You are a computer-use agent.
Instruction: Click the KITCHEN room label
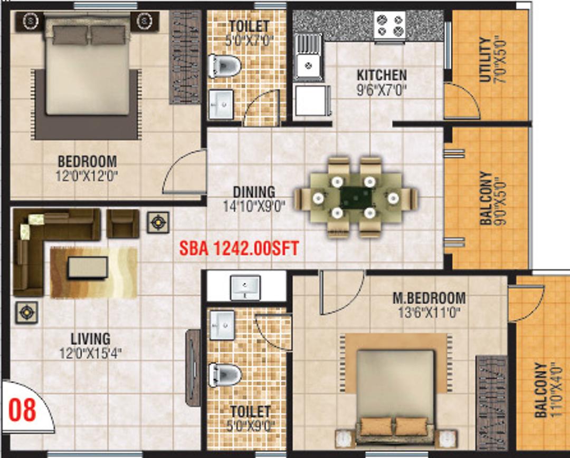tap(382, 75)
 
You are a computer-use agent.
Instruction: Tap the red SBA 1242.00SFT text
tap(239, 249)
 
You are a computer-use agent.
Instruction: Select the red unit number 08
tap(22, 410)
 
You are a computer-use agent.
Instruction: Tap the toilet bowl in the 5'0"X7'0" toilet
tap(225, 66)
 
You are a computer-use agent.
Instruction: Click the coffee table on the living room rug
tap(88, 268)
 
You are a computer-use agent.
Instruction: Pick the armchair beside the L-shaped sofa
tap(123, 223)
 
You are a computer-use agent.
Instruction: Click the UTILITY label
tap(486, 60)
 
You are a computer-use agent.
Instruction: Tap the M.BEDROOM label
tap(429, 298)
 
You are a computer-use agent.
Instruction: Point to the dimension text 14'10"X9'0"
tap(254, 207)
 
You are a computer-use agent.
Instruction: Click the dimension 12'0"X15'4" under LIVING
tap(90, 353)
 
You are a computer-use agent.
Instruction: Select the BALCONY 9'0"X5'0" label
tap(492, 198)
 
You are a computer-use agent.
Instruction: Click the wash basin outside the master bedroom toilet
tap(245, 287)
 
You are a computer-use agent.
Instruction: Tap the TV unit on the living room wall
tap(193, 367)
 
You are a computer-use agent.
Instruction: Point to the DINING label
tap(254, 192)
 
